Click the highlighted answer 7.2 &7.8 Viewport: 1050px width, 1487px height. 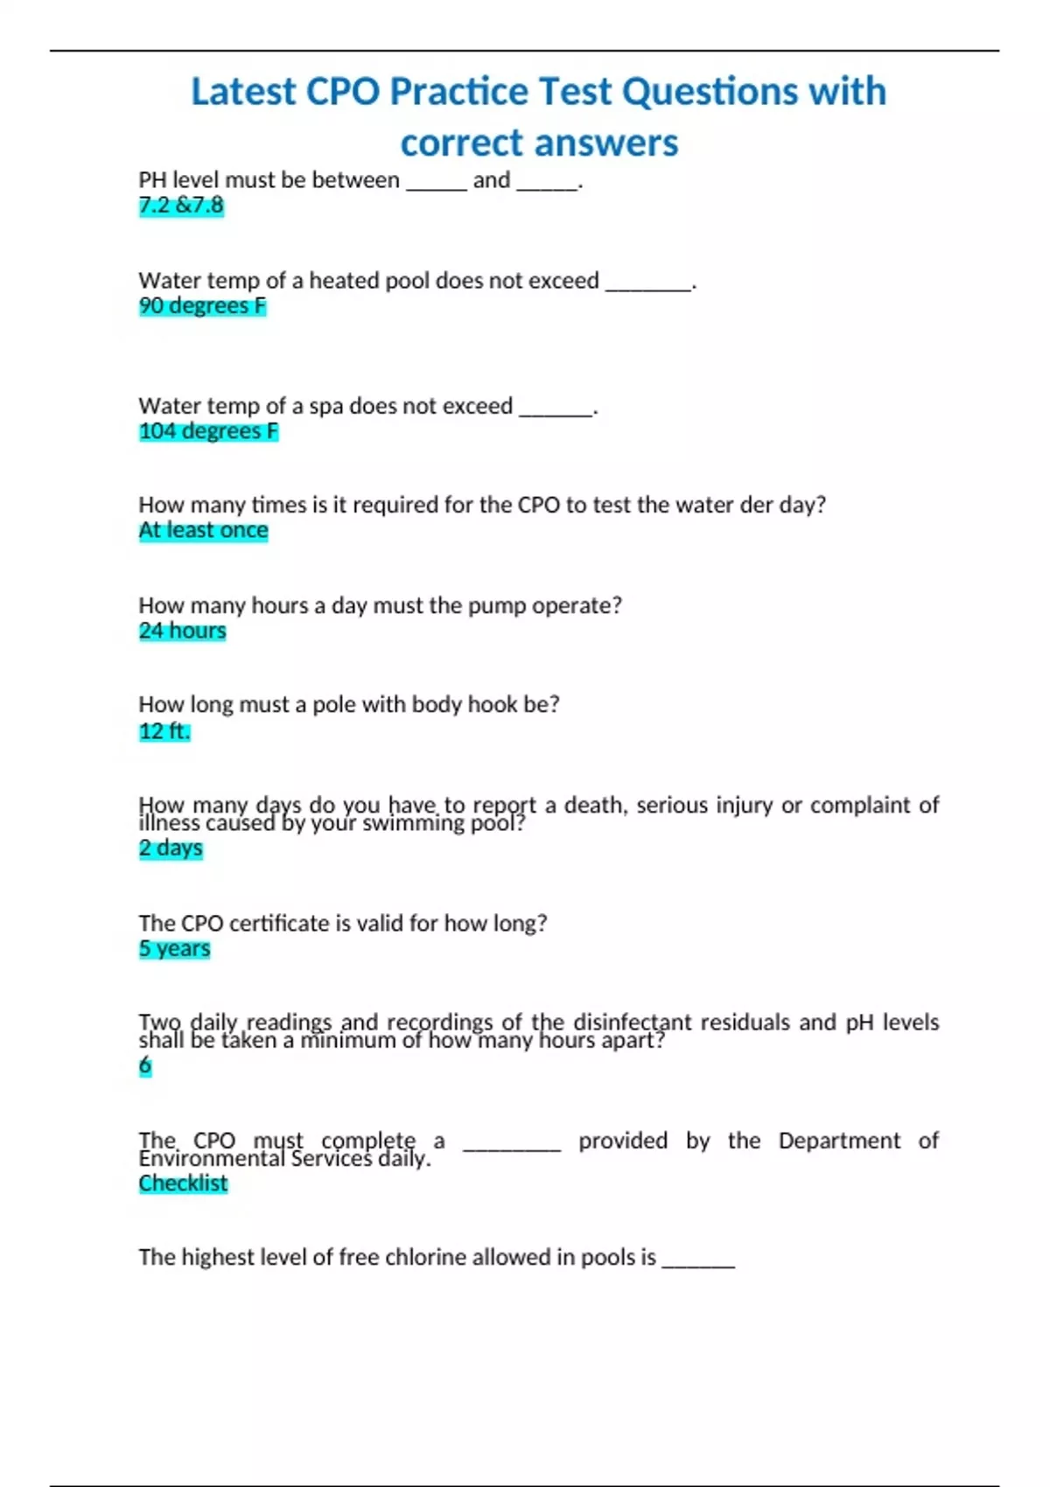(x=181, y=206)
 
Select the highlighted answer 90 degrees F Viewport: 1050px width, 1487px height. (x=202, y=306)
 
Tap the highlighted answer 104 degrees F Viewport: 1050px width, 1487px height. (x=208, y=431)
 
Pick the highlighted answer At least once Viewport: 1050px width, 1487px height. (x=203, y=530)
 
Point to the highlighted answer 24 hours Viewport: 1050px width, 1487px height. (x=182, y=631)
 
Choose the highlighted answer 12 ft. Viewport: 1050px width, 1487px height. (x=164, y=731)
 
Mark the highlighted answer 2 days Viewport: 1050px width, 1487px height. (x=171, y=848)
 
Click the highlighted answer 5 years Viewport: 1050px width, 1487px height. (x=174, y=949)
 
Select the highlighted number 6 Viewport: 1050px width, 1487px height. (x=145, y=1066)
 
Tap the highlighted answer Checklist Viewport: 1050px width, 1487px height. (x=183, y=1183)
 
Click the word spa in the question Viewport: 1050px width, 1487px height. (x=325, y=406)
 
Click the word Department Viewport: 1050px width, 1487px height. (x=839, y=1141)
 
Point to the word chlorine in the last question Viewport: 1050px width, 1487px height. (x=429, y=1257)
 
